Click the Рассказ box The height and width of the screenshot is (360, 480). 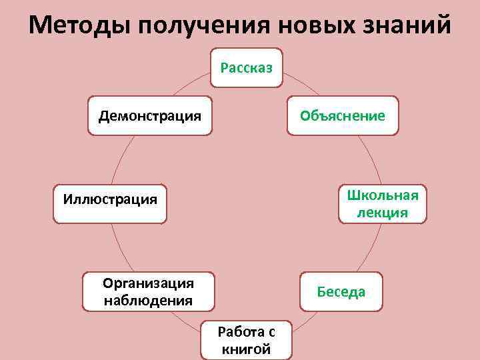pos(247,67)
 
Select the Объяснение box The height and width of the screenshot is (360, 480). pos(342,115)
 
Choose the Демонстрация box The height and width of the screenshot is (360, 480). pos(150,115)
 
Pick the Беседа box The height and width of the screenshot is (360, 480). pos(341,291)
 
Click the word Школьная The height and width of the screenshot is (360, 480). pos(382,195)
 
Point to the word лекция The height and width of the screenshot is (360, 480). pos(382,212)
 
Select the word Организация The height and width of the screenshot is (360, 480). pos(148,283)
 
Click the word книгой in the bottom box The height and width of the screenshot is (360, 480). pos(247,349)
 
